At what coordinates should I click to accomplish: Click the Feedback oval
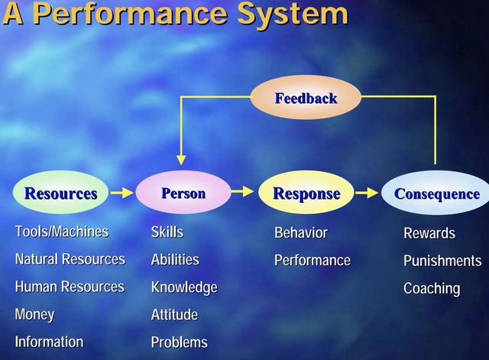point(306,98)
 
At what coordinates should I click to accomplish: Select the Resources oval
point(61,193)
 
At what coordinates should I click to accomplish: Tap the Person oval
point(183,193)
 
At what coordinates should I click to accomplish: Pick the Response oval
point(306,193)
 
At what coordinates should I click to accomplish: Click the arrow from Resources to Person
point(122,193)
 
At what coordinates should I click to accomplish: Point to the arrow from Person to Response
point(243,191)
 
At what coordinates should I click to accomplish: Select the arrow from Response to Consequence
point(367,193)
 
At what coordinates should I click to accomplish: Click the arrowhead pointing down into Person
point(181,160)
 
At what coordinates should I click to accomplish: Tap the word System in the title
point(293,14)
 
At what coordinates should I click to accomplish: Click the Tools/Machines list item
point(62,232)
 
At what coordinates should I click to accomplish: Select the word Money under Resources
point(34,314)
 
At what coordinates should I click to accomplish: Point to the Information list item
point(49,342)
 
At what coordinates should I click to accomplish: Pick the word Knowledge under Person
point(184,287)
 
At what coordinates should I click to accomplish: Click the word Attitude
point(174,314)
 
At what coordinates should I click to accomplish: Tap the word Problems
point(179,342)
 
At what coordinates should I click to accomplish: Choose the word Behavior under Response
point(301,232)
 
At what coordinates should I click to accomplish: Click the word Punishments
point(442,261)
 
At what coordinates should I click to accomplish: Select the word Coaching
point(432,289)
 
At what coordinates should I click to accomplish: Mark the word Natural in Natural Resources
point(37,259)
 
